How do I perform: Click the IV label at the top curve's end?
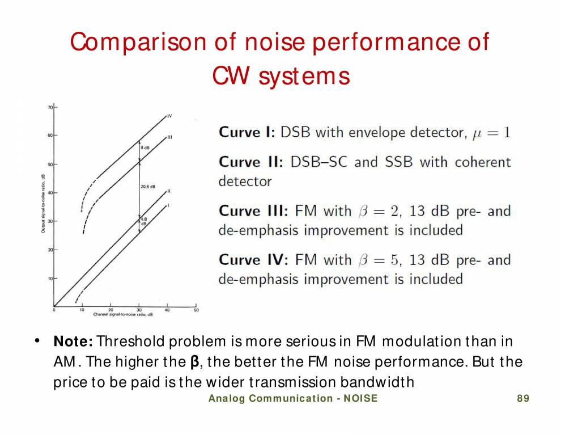coord(169,116)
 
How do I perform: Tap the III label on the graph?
coord(169,137)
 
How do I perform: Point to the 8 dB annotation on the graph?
coord(146,148)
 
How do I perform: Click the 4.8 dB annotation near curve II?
coord(144,221)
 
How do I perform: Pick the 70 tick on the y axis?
coord(50,107)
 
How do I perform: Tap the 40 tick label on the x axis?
coord(168,310)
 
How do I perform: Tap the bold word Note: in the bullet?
coord(74,342)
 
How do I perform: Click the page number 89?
coord(523,398)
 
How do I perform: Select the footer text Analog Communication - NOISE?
coord(292,398)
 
